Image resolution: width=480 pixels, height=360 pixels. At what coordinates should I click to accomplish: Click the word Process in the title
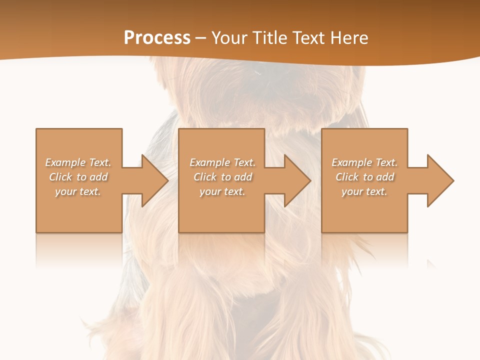[157, 38]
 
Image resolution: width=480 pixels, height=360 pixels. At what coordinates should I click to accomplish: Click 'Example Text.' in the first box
[78, 162]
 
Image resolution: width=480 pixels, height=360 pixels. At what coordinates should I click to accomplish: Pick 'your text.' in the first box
[78, 191]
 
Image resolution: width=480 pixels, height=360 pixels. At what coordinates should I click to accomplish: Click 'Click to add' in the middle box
[222, 177]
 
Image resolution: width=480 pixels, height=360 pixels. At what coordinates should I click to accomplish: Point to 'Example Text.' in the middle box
[222, 162]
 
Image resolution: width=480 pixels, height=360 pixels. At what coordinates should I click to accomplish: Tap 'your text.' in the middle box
[222, 191]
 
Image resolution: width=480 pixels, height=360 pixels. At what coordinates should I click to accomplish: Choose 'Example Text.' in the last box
[364, 162]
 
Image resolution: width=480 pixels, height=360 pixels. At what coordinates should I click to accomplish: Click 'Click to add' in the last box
[364, 177]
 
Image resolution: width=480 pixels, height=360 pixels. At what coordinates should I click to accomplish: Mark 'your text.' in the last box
[364, 191]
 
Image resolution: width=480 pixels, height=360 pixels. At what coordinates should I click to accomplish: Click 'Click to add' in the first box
[78, 177]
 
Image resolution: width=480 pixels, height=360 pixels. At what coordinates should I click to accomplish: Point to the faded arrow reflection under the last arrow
[431, 262]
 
